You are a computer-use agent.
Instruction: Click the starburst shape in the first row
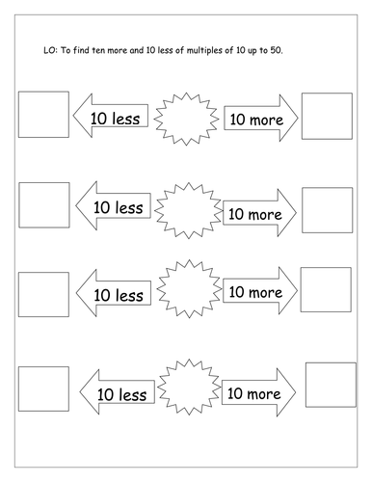(186, 119)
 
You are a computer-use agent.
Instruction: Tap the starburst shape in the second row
(189, 210)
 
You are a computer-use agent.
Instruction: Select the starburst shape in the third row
(189, 289)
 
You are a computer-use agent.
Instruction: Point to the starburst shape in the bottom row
(189, 387)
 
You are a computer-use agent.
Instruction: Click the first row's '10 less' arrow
(110, 116)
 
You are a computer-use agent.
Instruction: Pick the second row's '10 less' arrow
(113, 205)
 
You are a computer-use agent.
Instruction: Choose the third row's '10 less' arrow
(114, 293)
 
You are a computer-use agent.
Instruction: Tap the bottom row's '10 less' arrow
(117, 391)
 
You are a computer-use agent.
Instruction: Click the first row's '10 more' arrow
(261, 118)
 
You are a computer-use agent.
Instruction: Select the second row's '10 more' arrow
(259, 213)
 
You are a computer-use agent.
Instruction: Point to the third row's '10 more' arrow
(260, 290)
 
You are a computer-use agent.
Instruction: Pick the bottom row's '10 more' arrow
(258, 392)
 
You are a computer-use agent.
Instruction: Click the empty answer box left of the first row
(43, 115)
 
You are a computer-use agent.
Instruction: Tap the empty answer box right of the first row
(327, 117)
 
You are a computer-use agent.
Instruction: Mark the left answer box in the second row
(44, 205)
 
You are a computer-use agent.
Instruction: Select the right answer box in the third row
(326, 289)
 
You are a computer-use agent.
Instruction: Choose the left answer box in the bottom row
(43, 388)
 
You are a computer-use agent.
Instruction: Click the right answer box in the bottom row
(331, 385)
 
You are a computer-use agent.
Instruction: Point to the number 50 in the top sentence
(277, 50)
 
